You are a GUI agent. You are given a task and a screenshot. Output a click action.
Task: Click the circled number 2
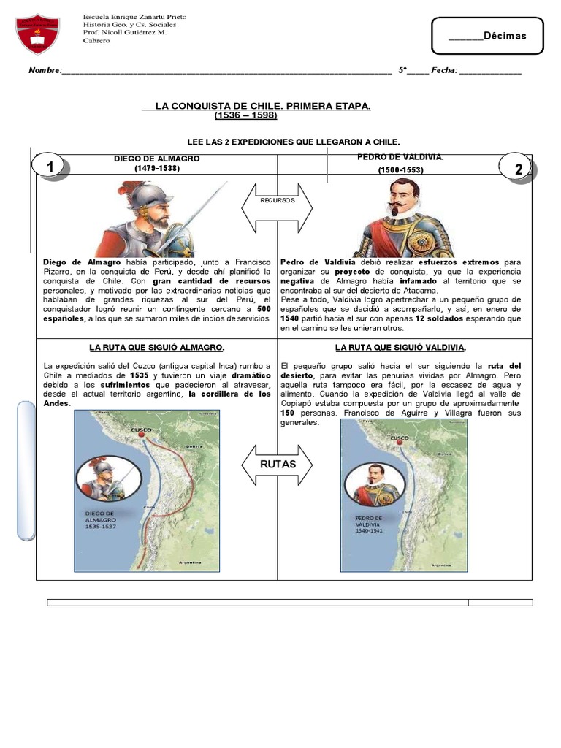tap(518, 169)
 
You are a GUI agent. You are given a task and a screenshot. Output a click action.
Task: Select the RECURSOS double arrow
tap(277, 207)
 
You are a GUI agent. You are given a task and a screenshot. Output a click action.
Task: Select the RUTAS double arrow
tap(277, 464)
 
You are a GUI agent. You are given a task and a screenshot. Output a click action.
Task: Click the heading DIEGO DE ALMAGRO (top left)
tap(156, 159)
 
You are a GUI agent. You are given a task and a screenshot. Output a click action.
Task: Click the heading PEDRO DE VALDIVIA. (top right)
tap(400, 158)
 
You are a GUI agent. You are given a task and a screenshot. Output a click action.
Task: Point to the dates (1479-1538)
tap(156, 168)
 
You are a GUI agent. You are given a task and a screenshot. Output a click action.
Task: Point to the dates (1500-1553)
tap(400, 170)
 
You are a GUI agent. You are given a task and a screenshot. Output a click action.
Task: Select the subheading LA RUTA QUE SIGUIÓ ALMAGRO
tap(156, 348)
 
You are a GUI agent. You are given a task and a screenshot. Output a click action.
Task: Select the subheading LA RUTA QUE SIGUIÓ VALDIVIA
tap(400, 348)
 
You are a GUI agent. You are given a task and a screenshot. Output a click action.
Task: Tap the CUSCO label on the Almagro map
tap(140, 430)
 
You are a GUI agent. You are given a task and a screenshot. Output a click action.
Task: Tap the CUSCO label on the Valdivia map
tap(400, 438)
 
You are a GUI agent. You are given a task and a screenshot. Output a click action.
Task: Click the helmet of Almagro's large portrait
tap(150, 196)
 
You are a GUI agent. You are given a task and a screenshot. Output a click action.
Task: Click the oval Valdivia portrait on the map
tap(375, 484)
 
